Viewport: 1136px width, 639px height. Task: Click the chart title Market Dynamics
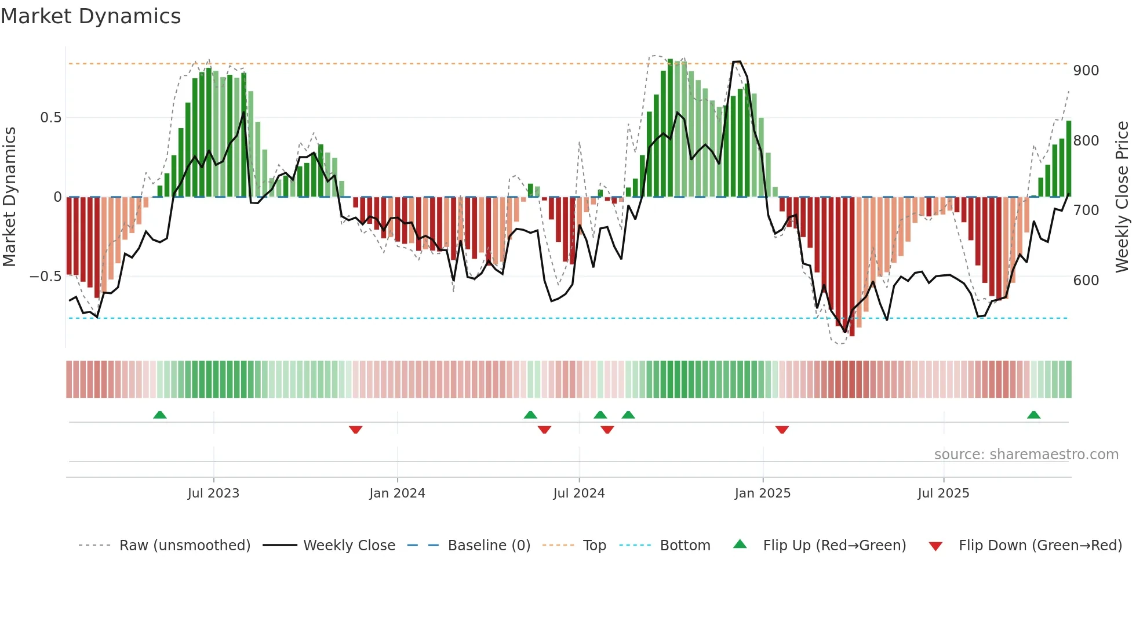(91, 16)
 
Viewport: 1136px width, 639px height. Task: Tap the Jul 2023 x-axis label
(213, 493)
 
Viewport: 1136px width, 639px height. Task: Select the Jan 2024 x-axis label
(397, 493)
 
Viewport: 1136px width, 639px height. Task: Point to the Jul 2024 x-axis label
(579, 493)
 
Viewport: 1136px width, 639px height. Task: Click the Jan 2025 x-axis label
(762, 493)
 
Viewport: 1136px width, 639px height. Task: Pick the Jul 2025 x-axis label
(943, 493)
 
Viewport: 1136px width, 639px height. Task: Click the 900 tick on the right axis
(1086, 71)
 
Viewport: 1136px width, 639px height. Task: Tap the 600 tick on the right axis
(1086, 281)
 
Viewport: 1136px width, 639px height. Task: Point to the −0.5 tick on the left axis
(45, 277)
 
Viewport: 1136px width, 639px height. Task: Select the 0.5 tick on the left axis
(50, 118)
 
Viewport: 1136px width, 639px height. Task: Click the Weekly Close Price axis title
(1122, 197)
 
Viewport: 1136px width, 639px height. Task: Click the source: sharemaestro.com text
(1026, 455)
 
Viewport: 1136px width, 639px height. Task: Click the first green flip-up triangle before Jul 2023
(160, 415)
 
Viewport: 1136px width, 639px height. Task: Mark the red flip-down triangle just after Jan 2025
(782, 430)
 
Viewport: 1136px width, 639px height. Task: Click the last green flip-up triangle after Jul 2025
(1033, 415)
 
